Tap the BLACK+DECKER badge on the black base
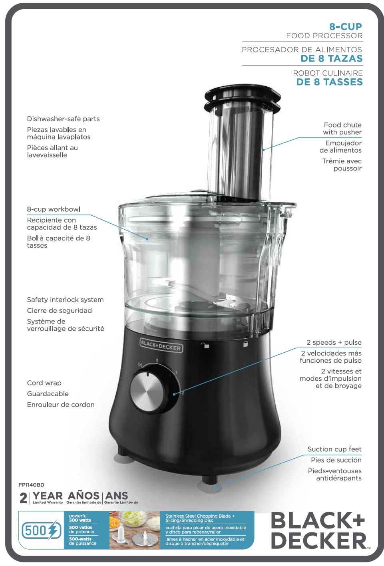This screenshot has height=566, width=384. (x=161, y=345)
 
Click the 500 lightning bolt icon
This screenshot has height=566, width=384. (x=42, y=530)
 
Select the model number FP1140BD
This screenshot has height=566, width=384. (x=31, y=485)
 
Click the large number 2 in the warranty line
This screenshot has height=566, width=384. (x=24, y=498)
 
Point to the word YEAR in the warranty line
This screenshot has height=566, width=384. (x=48, y=496)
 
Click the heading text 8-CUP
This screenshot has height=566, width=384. (x=345, y=26)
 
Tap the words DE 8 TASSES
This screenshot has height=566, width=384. (x=329, y=82)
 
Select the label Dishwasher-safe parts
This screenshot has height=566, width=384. (x=63, y=119)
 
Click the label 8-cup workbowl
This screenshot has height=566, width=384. (x=54, y=209)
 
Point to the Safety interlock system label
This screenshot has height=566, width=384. (x=65, y=300)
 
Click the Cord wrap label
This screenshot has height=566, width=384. (x=44, y=383)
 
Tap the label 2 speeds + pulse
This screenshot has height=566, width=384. (x=334, y=342)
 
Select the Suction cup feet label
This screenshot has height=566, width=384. (x=334, y=449)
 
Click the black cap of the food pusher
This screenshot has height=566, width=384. (x=243, y=98)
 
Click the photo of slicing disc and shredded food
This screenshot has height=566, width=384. (x=135, y=530)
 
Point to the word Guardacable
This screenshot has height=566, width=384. (x=48, y=394)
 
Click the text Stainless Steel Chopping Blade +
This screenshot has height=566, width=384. (x=200, y=516)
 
